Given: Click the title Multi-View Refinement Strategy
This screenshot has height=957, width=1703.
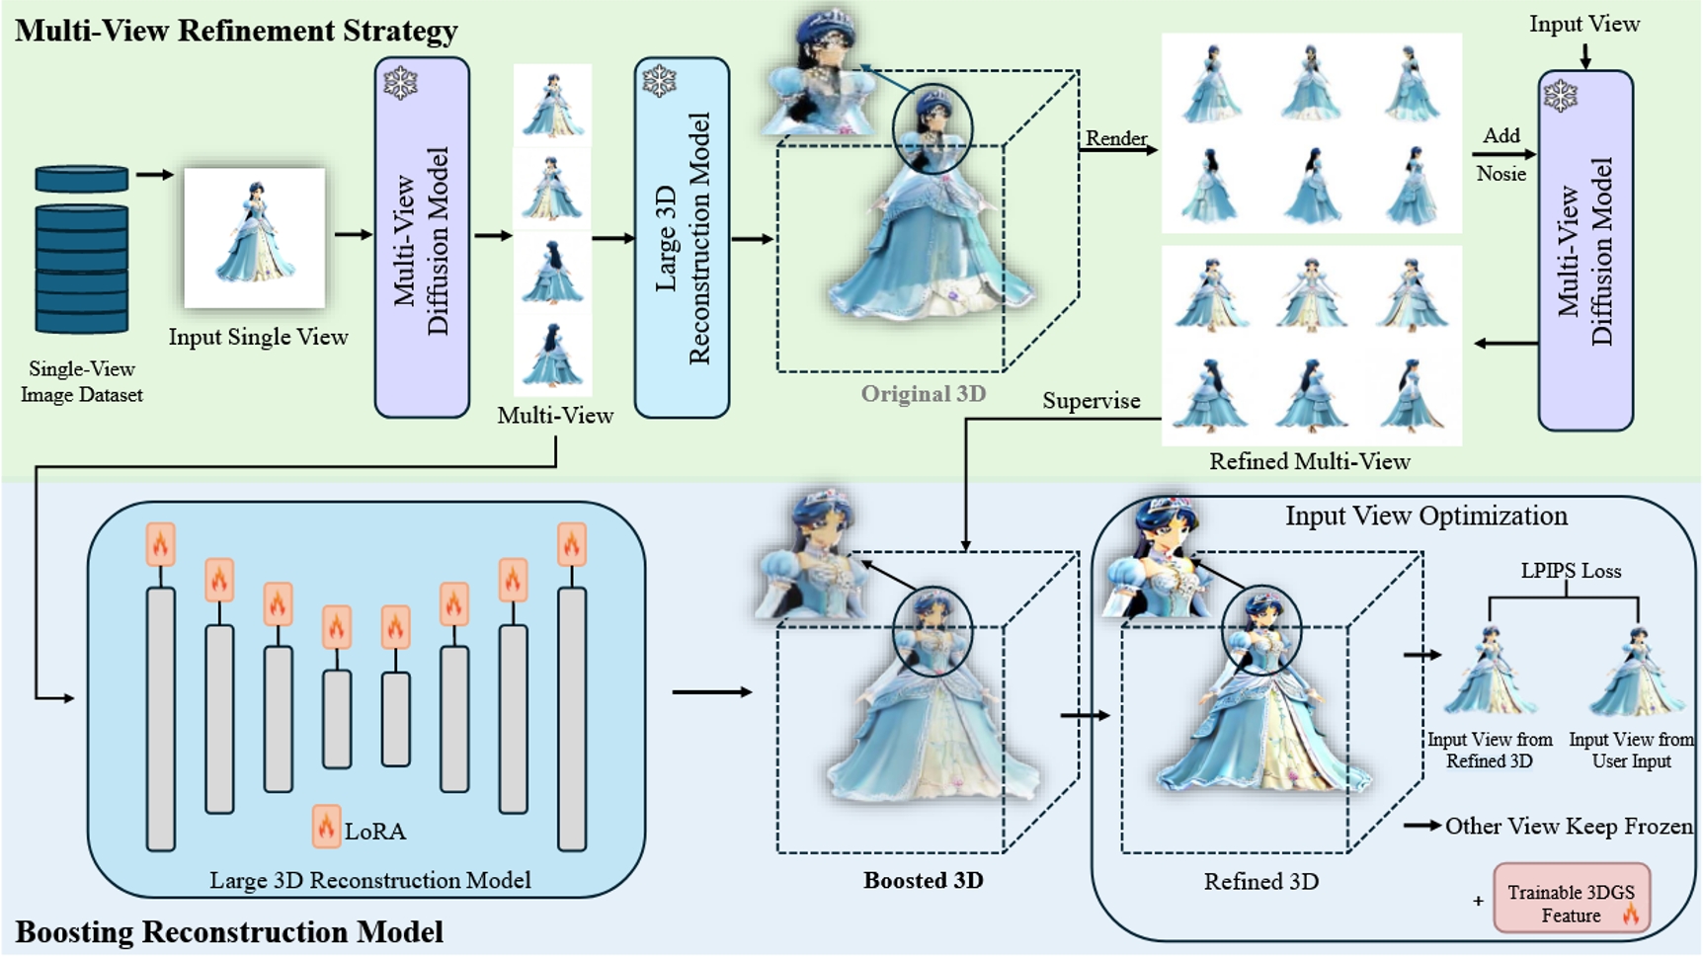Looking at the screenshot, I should pos(236,31).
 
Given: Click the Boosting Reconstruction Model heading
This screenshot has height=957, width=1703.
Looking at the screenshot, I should pos(229,931).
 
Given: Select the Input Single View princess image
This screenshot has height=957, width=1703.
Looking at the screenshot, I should pos(255,238).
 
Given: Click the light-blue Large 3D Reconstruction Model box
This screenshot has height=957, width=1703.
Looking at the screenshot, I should pos(682,237).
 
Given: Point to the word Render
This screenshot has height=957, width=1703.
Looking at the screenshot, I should pos(1116,138).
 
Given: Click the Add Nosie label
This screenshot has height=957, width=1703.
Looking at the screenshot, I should pos(1501,154).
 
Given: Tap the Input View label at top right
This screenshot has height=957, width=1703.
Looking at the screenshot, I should pos(1584,24).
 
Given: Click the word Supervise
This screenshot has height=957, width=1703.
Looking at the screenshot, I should pos(1091,400).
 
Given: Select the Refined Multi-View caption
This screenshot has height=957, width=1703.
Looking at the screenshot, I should pos(1310,461).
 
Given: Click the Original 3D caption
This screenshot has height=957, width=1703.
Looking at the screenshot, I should pos(924,394).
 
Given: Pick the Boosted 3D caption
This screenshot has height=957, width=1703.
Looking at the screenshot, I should pos(924,880).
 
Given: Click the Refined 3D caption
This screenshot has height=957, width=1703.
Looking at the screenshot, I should pos(1260,881).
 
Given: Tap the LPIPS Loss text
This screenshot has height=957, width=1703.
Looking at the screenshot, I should pos(1571,571).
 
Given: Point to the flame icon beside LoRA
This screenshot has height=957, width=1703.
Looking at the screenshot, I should pos(326,827).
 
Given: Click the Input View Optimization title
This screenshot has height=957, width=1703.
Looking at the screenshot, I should pos(1425,516).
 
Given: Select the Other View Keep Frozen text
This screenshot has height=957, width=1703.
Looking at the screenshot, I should pos(1568,826).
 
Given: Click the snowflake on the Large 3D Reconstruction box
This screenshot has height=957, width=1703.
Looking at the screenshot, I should pos(659,81).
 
